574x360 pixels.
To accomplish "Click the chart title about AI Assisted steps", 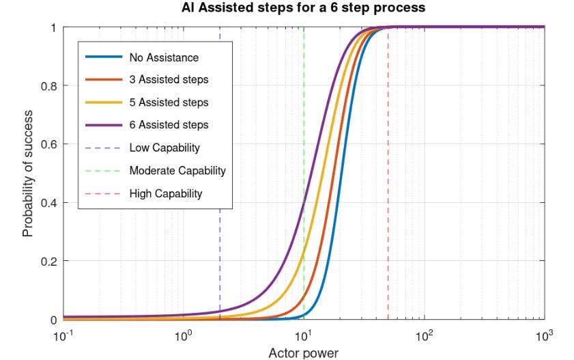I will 304,9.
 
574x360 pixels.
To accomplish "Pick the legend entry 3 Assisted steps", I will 169,80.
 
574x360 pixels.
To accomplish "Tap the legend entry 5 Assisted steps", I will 169,102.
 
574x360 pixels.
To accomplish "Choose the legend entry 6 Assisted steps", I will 169,125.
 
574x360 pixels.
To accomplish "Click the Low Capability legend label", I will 164,148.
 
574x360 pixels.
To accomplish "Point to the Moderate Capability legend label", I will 177,170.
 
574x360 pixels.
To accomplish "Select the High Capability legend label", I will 166,193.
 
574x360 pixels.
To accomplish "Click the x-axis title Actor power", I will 304,352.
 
